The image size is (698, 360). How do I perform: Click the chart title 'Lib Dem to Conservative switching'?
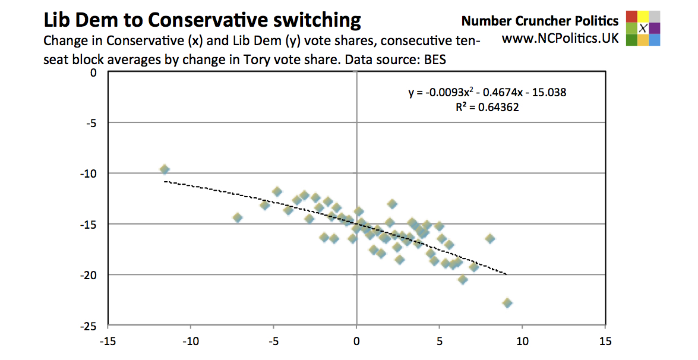(x=202, y=21)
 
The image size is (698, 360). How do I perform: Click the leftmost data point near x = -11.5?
(x=165, y=170)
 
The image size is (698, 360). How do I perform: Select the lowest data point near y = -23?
(x=507, y=303)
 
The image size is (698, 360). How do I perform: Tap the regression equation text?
(x=487, y=93)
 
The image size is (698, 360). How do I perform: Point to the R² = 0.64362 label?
(x=487, y=108)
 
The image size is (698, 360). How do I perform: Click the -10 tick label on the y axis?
(x=89, y=173)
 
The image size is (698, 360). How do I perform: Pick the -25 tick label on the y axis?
(x=89, y=326)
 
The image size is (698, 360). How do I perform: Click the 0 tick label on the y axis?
(x=92, y=72)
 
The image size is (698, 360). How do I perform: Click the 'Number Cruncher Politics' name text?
(x=540, y=21)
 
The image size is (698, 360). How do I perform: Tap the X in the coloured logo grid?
(x=643, y=28)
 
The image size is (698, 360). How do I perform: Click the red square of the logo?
(x=631, y=16)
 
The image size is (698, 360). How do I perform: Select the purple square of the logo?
(x=655, y=28)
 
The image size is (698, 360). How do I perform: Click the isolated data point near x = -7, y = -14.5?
(x=238, y=217)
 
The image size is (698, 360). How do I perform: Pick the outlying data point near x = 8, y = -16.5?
(x=490, y=238)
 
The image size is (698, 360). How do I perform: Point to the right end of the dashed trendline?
(x=506, y=274)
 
